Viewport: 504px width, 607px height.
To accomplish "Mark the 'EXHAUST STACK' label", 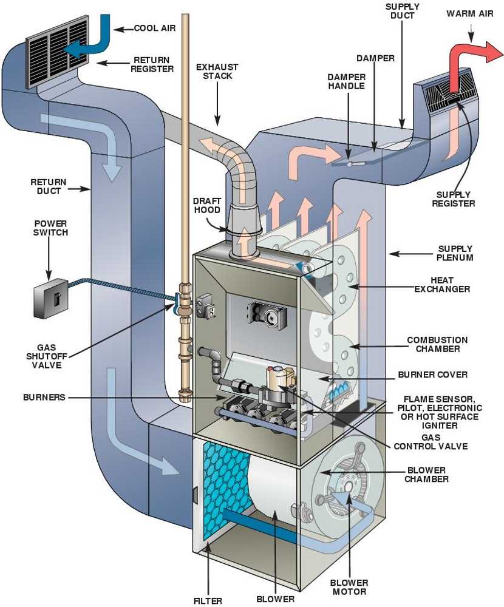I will click(x=217, y=72).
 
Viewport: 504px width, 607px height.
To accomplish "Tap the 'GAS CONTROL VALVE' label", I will click(x=431, y=441).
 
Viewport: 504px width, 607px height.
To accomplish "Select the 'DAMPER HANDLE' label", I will click(x=346, y=81).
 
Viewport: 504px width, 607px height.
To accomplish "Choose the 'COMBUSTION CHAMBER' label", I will click(x=437, y=344).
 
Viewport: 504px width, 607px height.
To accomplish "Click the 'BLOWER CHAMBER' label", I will click(x=426, y=474).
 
